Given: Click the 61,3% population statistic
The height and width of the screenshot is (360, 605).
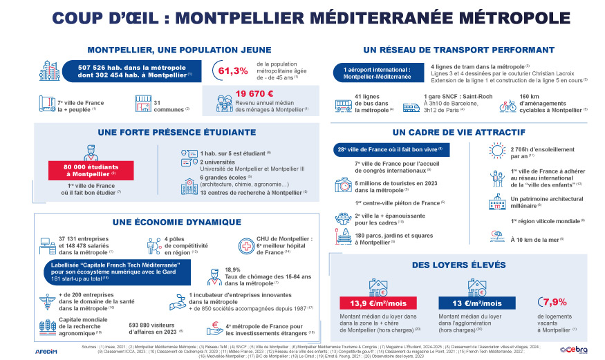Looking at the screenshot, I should click(x=233, y=71).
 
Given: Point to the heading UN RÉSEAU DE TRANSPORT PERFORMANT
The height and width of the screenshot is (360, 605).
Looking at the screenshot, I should click(x=458, y=50).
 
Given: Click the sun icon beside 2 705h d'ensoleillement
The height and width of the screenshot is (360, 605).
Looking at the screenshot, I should click(x=496, y=151).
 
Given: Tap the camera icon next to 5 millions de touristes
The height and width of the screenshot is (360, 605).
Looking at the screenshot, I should click(x=343, y=185).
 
